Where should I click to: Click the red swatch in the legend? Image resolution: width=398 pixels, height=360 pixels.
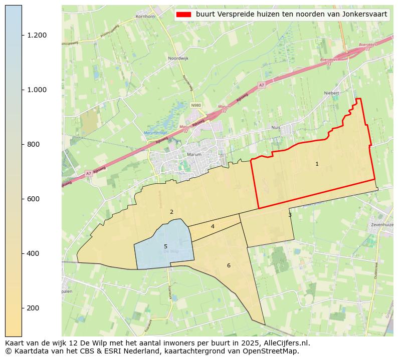pos(184,15)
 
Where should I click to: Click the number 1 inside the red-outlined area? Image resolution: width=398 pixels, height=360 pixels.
pos(317,164)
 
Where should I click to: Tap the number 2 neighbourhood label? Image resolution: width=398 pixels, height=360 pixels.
pos(171,212)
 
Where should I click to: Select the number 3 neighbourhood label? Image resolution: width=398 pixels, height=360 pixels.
pos(290,215)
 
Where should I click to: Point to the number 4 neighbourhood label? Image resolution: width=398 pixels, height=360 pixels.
pos(213,227)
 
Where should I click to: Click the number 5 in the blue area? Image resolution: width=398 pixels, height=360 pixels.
pos(165,247)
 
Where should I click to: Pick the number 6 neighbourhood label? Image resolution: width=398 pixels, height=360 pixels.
pos(229,266)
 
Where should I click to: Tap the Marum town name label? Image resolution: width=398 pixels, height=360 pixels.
pos(194,155)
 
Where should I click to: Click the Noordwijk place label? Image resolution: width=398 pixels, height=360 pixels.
pos(178,59)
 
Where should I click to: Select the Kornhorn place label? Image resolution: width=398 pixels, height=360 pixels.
pos(145,17)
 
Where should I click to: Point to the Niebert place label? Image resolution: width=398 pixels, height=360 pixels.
pos(332,93)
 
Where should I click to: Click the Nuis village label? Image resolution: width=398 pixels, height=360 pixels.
pos(290,127)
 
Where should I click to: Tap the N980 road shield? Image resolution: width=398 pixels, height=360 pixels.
pos(196,106)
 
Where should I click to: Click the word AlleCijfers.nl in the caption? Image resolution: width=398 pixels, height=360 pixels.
pos(285,343)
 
